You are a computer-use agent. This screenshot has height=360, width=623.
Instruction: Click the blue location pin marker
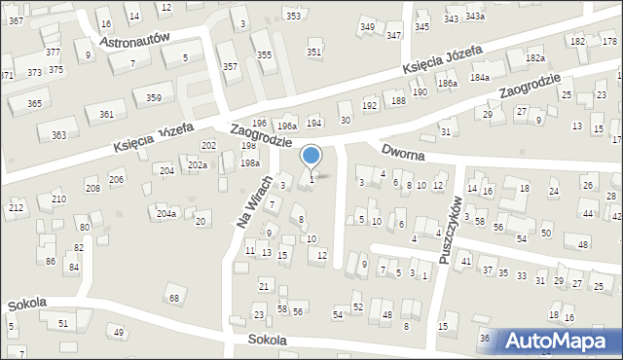311,156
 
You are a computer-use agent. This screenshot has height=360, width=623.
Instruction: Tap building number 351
313,52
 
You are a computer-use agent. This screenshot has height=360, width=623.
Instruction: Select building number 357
230,66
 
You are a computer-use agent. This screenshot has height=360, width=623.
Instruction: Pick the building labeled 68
174,297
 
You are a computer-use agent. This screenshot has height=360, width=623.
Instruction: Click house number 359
154,97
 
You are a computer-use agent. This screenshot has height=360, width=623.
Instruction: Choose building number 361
106,115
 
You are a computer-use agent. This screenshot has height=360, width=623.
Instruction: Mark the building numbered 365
34,103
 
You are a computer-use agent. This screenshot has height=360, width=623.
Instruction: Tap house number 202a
198,165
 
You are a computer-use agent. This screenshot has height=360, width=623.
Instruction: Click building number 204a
166,213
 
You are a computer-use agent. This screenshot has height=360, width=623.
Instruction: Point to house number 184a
480,76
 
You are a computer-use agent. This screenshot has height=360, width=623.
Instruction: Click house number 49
119,333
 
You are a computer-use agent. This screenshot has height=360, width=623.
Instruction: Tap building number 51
63,323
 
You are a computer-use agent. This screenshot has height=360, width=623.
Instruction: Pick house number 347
393,35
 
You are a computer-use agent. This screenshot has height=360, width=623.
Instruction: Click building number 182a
534,58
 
